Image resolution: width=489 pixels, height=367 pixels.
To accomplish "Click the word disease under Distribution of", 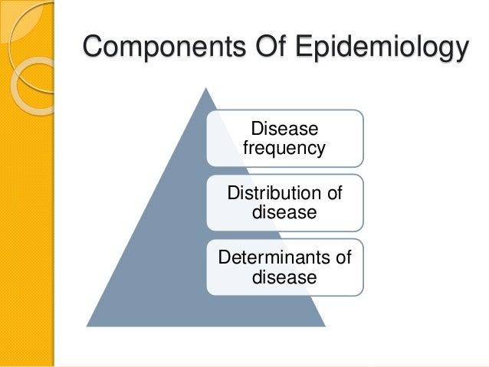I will coord(284,211).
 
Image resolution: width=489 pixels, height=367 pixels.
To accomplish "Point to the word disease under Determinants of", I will coord(284,277).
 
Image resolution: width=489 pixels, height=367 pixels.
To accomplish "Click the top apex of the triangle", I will coord(205,87).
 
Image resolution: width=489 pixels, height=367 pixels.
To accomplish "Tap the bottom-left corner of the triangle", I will coord(86,326).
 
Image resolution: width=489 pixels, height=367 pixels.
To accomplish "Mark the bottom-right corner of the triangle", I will coord(326,326).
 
